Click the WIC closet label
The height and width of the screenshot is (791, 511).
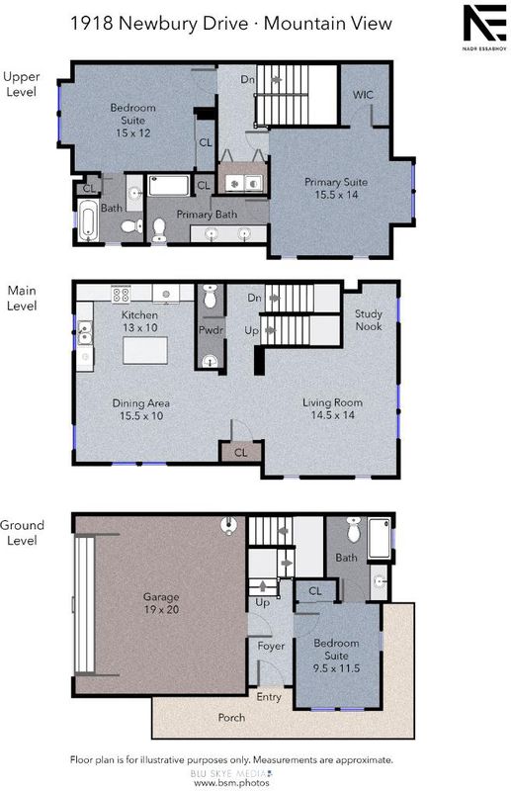coord(363,95)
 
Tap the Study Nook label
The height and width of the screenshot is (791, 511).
coord(369,319)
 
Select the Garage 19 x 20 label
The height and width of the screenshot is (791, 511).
coord(161,603)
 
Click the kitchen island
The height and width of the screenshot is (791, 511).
coord(145,350)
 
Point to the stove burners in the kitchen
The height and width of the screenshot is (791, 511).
coord(121,294)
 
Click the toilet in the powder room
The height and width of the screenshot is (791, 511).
coord(211,296)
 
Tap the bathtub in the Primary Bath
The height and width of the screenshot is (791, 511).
coord(169,185)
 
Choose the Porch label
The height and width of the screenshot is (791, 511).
coord(231,718)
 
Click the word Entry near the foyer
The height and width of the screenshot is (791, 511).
coord(269,697)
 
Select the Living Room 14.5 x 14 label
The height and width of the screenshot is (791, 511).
coord(332,408)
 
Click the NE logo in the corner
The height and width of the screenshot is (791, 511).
coord(485,23)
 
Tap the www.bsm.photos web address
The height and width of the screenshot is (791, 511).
coord(231,783)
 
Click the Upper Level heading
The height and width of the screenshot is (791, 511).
coord(21,84)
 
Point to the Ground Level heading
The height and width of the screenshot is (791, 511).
coord(22,532)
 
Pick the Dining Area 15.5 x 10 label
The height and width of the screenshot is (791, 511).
coord(140,409)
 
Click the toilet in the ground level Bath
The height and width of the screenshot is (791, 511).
coord(354,529)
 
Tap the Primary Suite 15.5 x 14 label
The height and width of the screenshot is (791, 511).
coord(336,188)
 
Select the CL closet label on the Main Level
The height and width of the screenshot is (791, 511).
coord(241,453)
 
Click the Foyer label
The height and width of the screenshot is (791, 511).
coord(271,646)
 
